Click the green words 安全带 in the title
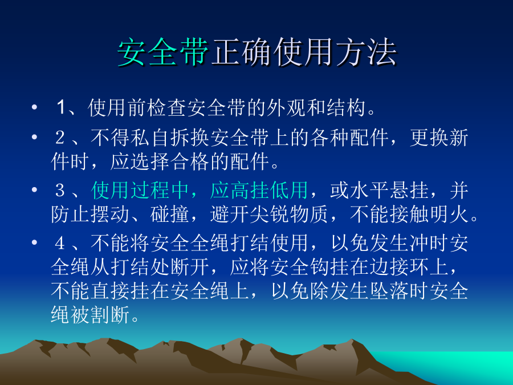[163, 52]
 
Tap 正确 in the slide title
[241, 52]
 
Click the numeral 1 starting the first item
[61, 107]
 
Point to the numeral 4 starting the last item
[60, 243]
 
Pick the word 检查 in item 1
[157, 107]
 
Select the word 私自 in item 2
[150, 137]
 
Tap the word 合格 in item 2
[190, 161]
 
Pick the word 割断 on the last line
[111, 315]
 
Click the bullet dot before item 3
[34, 190]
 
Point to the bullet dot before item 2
[34, 137]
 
